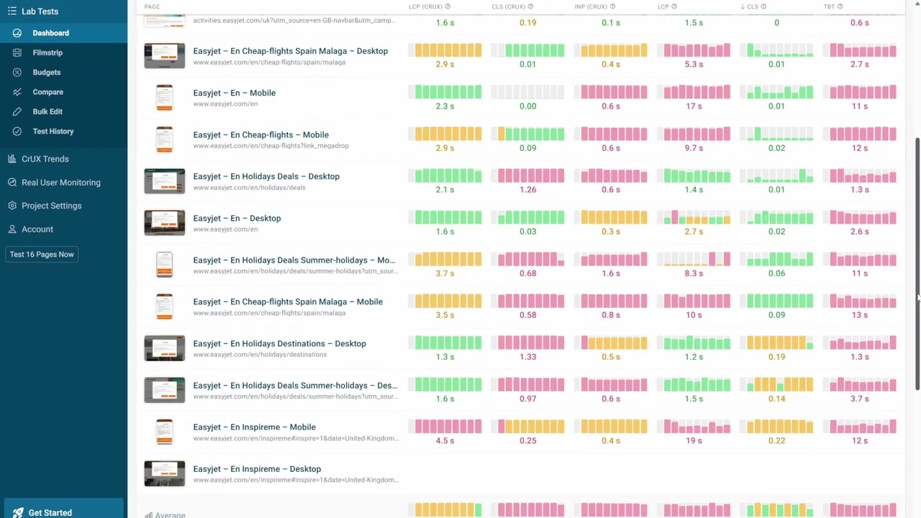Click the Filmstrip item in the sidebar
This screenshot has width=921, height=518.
click(x=47, y=53)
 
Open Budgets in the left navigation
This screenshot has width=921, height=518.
click(x=46, y=72)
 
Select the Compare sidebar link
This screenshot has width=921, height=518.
click(x=47, y=92)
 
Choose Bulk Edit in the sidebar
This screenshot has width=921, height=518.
click(x=47, y=112)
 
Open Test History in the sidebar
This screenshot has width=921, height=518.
click(x=53, y=131)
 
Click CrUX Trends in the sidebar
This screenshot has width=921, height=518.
click(x=45, y=159)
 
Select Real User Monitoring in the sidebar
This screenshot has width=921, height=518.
click(x=60, y=183)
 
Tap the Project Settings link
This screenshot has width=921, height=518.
click(x=51, y=206)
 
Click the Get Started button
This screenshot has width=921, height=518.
click(x=50, y=512)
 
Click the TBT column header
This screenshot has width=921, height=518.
click(x=829, y=6)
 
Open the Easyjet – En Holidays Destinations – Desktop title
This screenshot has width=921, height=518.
click(x=279, y=343)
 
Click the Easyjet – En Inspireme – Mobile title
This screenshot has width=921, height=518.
click(x=254, y=427)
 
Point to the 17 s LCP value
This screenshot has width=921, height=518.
click(x=694, y=106)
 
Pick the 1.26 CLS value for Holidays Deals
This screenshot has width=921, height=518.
click(x=527, y=190)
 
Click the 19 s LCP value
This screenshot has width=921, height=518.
click(x=694, y=440)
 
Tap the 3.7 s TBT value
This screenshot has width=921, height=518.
click(x=859, y=399)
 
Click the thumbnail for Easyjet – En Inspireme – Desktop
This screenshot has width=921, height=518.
click(x=164, y=473)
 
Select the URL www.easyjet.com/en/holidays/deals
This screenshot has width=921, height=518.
click(x=249, y=188)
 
